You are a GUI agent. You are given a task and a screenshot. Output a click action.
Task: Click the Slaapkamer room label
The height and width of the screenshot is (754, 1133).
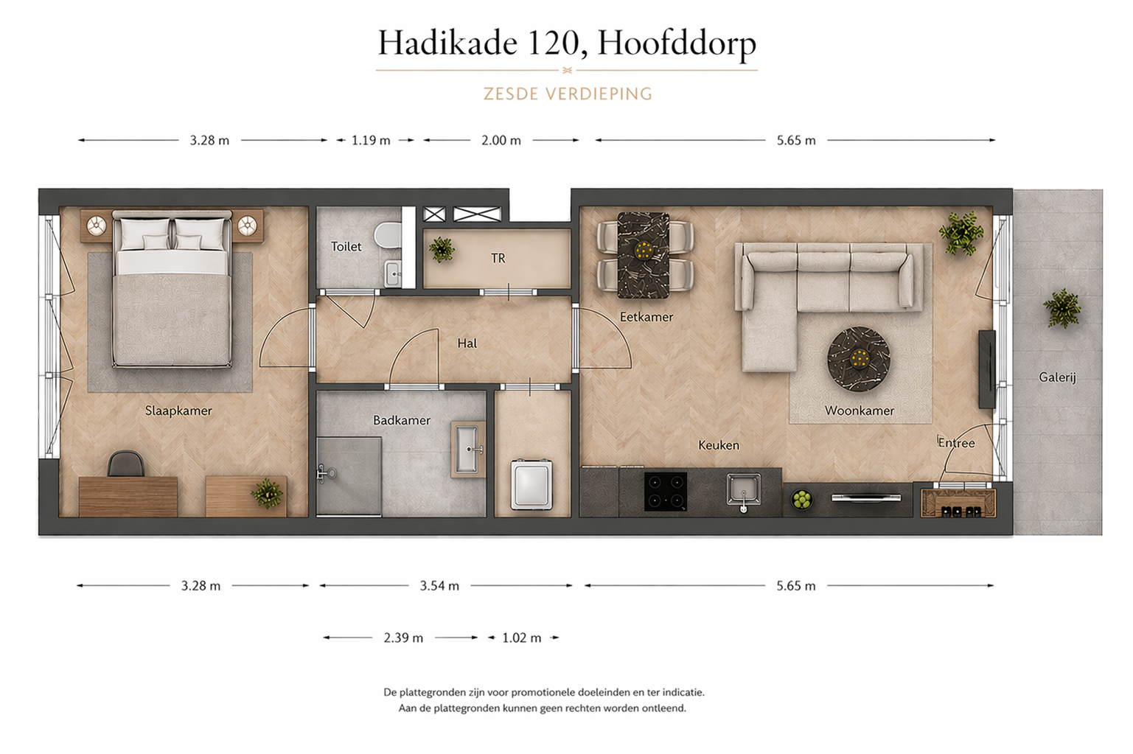coord(178,411)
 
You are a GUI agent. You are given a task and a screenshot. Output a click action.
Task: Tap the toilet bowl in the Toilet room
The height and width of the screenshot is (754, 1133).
coord(387,236)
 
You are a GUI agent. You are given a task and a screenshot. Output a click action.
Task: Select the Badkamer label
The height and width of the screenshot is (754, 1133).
coord(401,420)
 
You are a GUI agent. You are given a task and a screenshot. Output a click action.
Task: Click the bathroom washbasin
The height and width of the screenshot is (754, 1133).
coord(467,449)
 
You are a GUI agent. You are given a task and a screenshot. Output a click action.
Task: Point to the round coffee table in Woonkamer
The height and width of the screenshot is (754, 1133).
coord(859,359)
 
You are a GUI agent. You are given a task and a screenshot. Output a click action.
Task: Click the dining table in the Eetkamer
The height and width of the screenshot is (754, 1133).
coord(644,255)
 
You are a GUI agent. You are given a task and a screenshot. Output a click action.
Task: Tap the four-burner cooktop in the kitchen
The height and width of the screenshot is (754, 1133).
coord(666,492)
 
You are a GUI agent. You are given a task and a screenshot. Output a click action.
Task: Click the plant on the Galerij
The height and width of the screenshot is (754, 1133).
coord(1061,308)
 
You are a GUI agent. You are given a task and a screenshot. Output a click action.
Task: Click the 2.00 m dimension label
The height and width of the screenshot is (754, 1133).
coord(501,140)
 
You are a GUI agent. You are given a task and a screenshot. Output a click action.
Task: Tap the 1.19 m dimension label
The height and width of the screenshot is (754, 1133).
coord(371,140)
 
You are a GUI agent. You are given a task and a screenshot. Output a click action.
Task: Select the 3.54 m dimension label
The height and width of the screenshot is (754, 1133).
coord(439,586)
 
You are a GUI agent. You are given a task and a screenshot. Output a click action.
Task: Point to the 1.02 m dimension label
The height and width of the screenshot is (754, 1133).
coord(522,638)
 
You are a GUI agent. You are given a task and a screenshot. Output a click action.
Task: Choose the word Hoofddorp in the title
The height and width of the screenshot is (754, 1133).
coord(677,43)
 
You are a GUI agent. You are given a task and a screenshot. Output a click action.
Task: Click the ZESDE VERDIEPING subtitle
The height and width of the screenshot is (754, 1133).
coord(568,94)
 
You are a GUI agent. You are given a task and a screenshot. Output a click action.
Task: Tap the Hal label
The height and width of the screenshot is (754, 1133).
coord(467,343)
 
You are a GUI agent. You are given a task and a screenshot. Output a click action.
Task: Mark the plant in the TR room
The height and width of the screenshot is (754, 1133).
coord(442,249)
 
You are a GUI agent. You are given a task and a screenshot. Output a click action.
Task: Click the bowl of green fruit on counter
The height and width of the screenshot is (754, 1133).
coord(801,499)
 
